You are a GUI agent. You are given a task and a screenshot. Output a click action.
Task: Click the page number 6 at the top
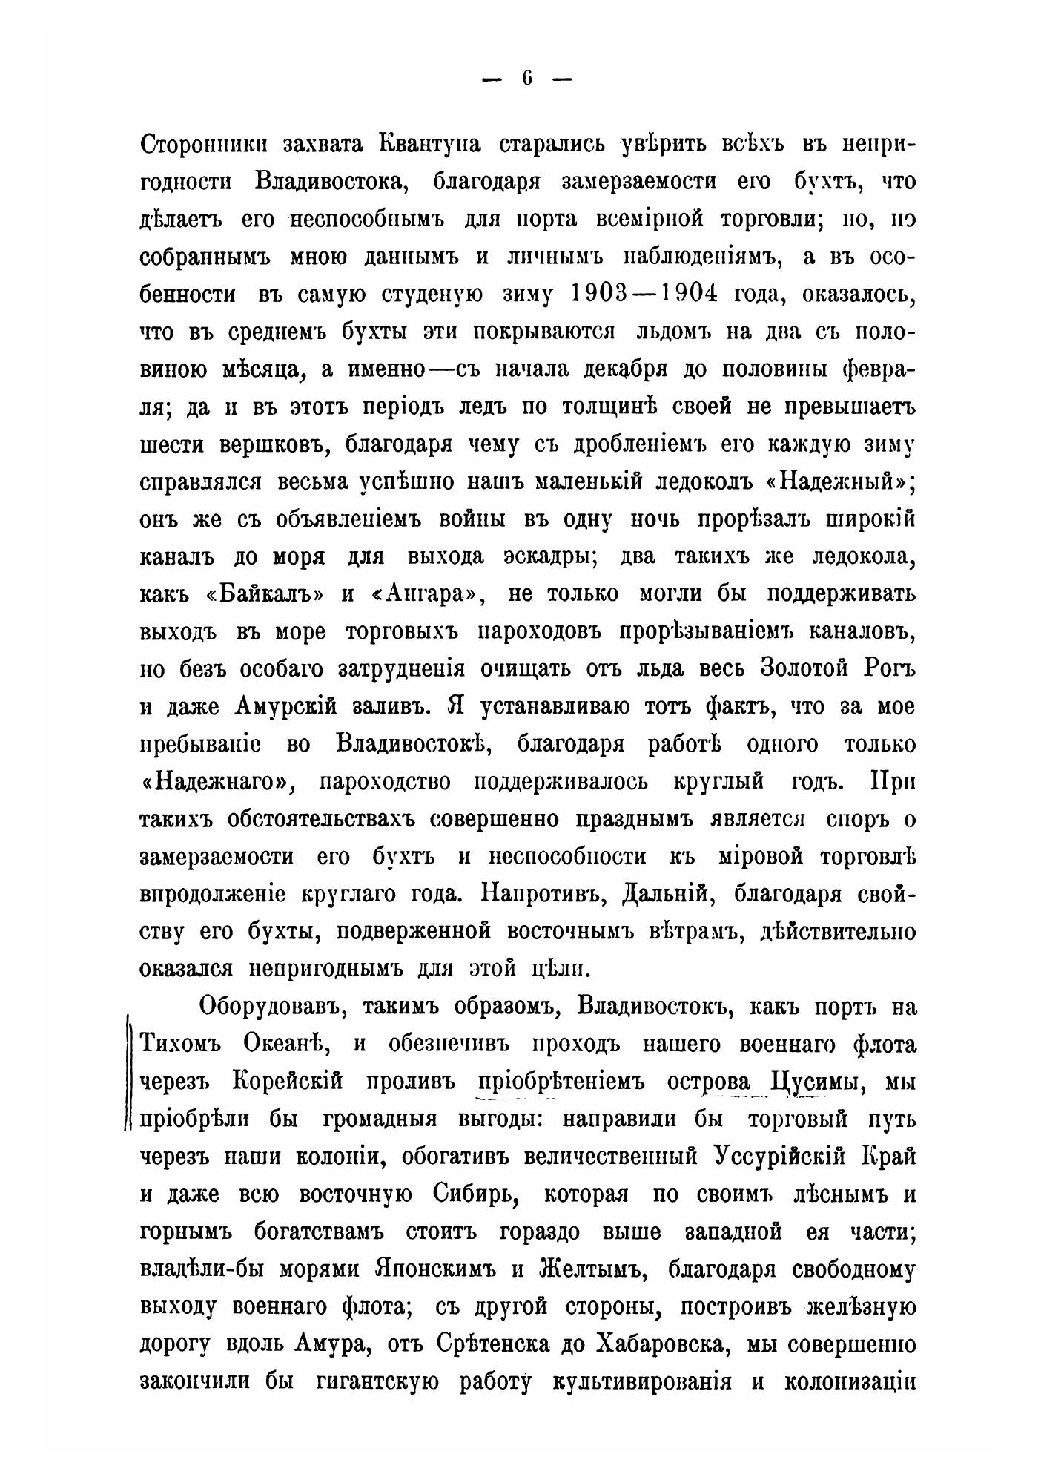click(x=527, y=79)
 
